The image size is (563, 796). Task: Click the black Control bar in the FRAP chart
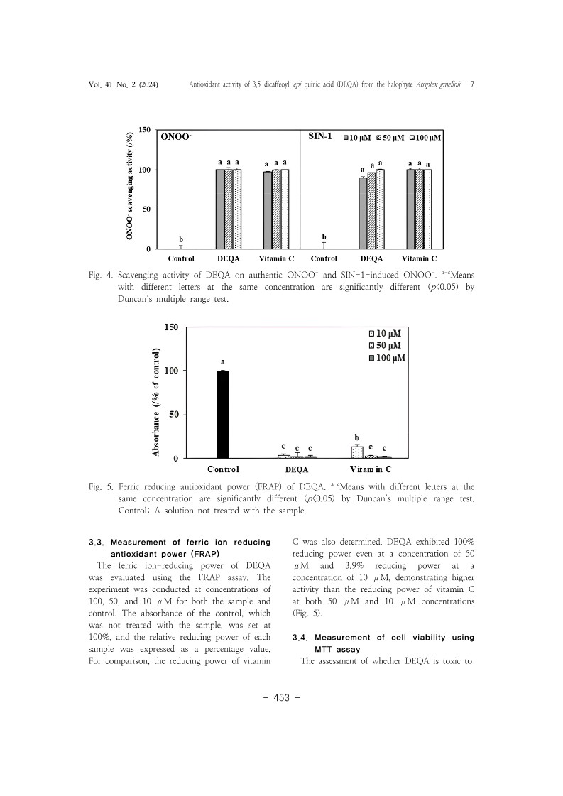(223, 414)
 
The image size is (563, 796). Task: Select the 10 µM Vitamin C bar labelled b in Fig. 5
(356, 452)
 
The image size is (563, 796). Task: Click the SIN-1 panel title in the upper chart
(320, 135)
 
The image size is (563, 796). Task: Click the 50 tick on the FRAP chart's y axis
(173, 414)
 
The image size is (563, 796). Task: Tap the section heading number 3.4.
(303, 638)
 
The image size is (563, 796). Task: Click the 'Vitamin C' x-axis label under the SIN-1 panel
(419, 258)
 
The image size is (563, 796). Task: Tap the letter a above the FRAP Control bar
(223, 361)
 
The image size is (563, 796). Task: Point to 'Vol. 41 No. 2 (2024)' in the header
(124, 84)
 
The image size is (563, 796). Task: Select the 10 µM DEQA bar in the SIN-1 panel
(363, 213)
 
